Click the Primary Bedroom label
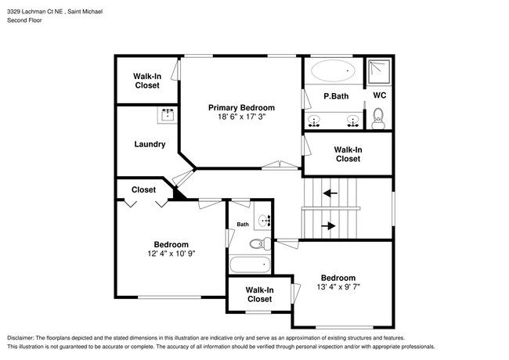click(241, 107)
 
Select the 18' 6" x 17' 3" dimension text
click(241, 117)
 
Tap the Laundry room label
click(149, 144)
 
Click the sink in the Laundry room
click(168, 114)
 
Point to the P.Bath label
click(336, 96)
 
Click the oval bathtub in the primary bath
click(332, 72)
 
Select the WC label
click(379, 95)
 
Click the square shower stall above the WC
click(379, 71)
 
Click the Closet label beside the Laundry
click(143, 189)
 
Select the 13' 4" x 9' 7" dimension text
click(338, 287)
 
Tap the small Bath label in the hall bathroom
click(243, 225)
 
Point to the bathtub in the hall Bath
click(250, 265)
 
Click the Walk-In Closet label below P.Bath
click(348, 153)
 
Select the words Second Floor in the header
click(25, 20)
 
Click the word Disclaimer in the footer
click(23, 337)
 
